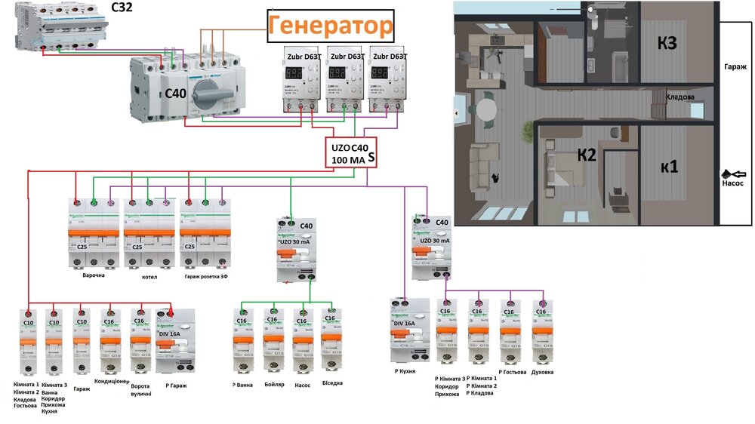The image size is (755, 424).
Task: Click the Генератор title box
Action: (331, 27)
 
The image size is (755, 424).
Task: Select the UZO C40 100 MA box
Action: (351, 153)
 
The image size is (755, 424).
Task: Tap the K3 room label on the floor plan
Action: (667, 44)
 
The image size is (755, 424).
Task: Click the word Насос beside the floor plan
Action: (732, 183)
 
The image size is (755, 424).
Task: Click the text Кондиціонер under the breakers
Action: (112, 381)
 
